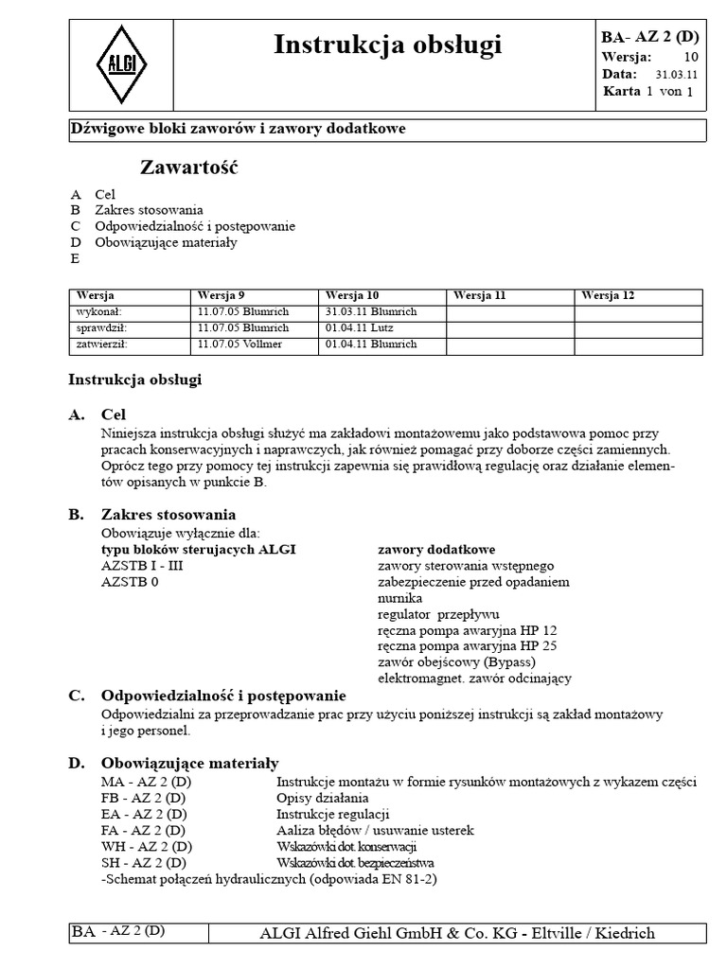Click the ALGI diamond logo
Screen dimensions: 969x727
click(123, 65)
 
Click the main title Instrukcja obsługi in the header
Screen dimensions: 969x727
click(387, 44)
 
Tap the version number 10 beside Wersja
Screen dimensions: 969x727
click(690, 56)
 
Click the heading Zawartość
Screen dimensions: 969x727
click(189, 168)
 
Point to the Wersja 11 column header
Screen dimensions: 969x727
click(480, 295)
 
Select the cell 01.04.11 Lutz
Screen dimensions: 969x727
click(360, 327)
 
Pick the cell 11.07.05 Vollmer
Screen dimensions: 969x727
click(239, 344)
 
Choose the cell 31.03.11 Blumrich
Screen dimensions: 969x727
click(370, 311)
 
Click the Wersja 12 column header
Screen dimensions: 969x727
click(608, 295)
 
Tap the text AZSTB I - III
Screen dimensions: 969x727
click(145, 566)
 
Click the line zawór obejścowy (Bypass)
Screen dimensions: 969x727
click(456, 661)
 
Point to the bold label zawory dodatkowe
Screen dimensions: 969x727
click(436, 549)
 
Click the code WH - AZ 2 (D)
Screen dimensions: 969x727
click(147, 846)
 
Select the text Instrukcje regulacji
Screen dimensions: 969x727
click(333, 814)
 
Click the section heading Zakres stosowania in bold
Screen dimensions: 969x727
click(168, 515)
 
